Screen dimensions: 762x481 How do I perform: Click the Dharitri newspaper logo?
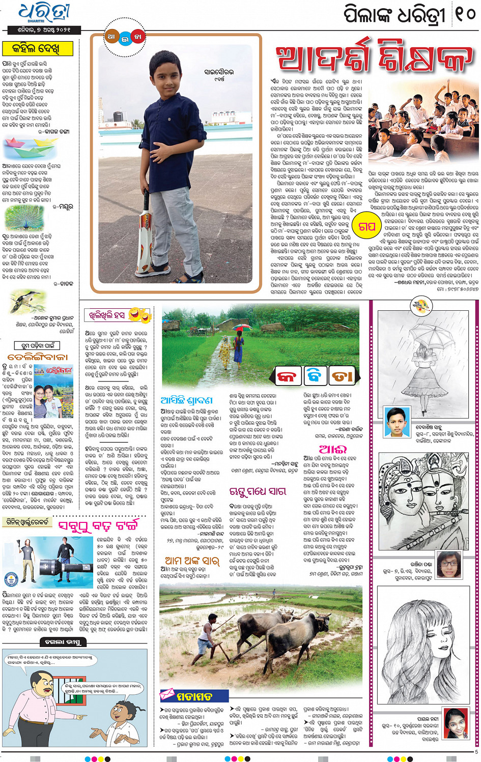pos(44,13)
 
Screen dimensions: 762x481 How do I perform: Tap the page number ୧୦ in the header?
pos(464,14)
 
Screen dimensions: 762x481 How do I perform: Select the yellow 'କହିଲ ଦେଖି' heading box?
pos(43,49)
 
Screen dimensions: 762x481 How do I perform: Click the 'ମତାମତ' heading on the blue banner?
pos(194,696)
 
